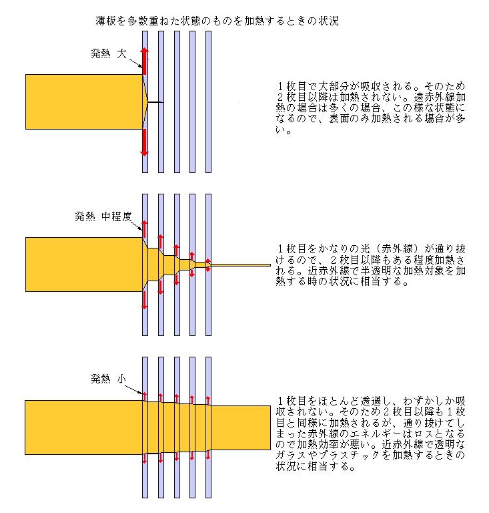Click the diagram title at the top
[217, 21]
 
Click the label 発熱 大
[109, 53]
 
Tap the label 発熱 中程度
[103, 216]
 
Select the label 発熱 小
[109, 379]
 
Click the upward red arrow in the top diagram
[144, 61]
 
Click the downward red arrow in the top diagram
[144, 142]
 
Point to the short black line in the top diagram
[155, 102]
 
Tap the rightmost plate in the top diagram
[208, 102]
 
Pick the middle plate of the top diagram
[177, 102]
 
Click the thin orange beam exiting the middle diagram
[241, 265]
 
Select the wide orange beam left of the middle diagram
[84, 265]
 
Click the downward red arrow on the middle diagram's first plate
[144, 300]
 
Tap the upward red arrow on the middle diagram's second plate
[160, 242]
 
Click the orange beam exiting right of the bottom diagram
[241, 427]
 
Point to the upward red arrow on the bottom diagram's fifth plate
[208, 401]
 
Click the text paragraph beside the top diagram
[370, 108]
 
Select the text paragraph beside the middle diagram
[370, 265]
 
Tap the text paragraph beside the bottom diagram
[370, 434]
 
